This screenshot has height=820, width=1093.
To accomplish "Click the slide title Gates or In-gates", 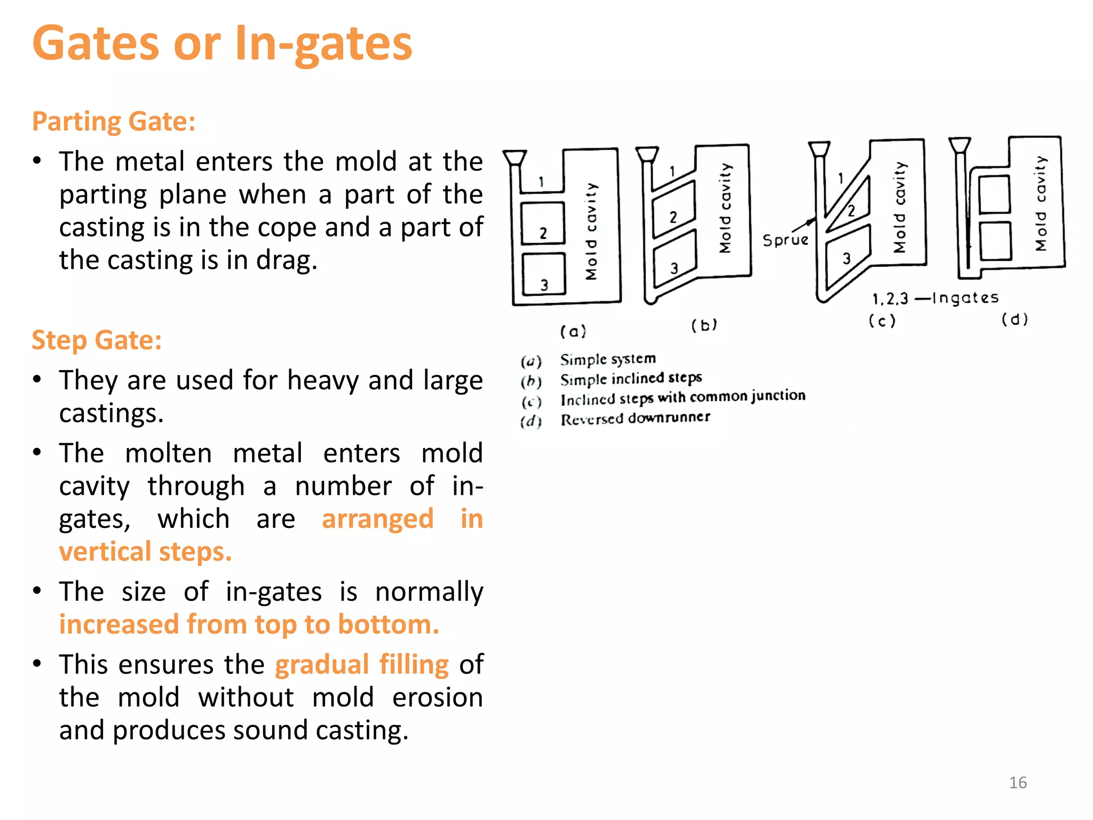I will (x=221, y=44).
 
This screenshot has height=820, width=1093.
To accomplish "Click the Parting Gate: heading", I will (x=114, y=122).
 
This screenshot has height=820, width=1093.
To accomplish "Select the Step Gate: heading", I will (x=97, y=340).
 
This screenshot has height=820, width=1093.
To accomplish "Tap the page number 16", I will (x=1017, y=783).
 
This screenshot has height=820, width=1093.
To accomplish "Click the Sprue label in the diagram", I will (x=785, y=240).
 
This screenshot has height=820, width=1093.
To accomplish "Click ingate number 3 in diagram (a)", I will (x=544, y=285).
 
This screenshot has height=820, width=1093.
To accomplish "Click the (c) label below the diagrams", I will (x=882, y=321).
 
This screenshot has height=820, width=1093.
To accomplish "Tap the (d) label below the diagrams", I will (x=1014, y=319).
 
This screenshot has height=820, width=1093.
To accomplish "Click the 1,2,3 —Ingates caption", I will (x=935, y=298).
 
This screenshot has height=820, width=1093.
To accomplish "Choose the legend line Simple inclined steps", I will (x=630, y=379).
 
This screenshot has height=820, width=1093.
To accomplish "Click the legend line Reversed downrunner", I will (x=635, y=419).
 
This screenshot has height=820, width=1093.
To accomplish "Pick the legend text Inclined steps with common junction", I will (x=682, y=398).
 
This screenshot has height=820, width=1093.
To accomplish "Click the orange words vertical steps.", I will (x=145, y=551).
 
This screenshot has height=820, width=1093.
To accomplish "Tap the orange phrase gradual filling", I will (x=361, y=665).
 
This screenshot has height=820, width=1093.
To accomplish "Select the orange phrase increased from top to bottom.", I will (x=249, y=625).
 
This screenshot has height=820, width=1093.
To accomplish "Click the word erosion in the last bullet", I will (x=437, y=698).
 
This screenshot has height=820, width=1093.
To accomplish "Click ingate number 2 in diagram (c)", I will (x=851, y=210).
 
